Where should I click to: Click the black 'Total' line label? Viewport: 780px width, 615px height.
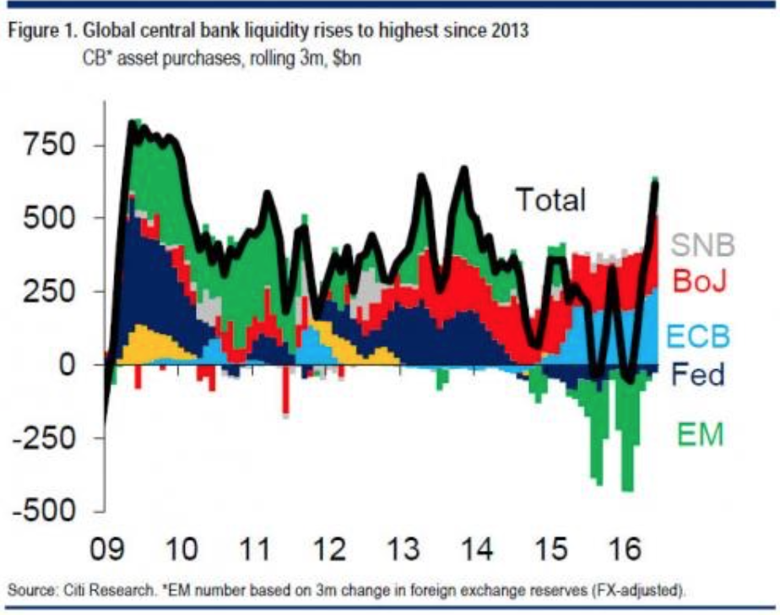pos(550,200)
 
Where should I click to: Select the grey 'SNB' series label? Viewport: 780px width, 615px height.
pos(704,245)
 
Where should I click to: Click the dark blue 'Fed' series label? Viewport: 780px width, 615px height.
pos(700,374)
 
